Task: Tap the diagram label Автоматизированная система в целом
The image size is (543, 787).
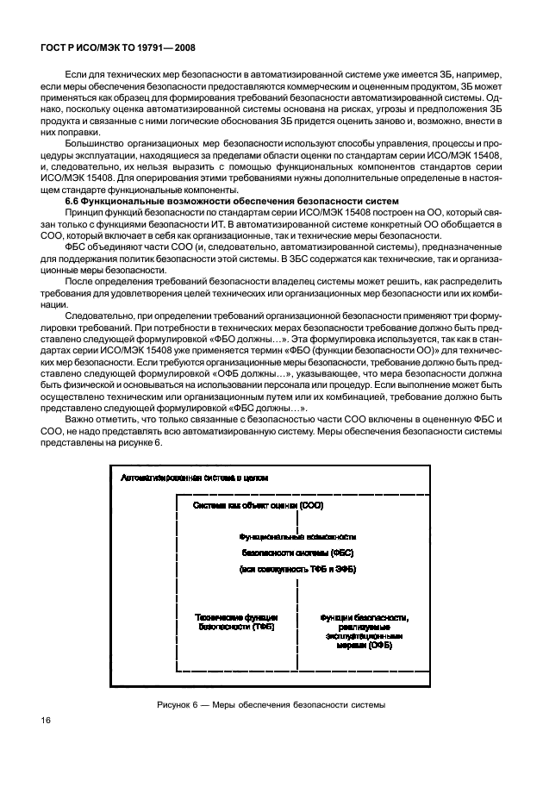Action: (x=195, y=476)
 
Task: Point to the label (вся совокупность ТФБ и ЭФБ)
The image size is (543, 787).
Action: (x=297, y=571)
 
